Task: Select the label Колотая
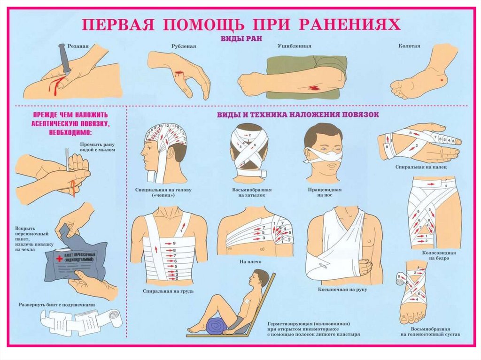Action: click(409, 46)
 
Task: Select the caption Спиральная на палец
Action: click(418, 167)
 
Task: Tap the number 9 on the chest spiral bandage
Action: click(174, 244)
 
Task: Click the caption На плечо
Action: click(249, 261)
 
